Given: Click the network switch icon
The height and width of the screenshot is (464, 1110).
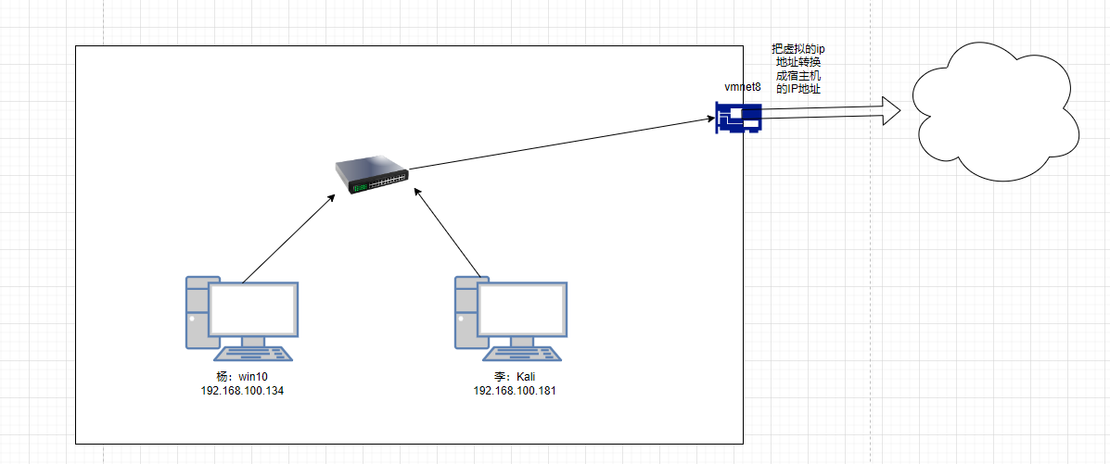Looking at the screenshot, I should pos(372,176).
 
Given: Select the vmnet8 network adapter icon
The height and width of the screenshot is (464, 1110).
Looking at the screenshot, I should pos(738,117).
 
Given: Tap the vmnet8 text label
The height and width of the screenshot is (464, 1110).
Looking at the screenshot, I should pos(742,87).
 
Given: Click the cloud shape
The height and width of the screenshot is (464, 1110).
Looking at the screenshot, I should pos(994,113).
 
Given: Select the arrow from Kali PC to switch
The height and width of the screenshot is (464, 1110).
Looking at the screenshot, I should pos(448,233).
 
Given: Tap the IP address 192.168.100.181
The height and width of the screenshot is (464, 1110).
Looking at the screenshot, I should pos(515,391).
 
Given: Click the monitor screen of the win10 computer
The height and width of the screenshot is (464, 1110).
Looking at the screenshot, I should pos(253,310).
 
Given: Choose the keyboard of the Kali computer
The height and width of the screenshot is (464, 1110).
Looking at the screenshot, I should pos(524,353).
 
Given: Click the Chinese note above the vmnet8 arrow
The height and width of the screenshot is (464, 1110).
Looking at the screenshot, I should pos(797,69).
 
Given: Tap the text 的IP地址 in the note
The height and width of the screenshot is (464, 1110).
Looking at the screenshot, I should pos(797,89).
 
